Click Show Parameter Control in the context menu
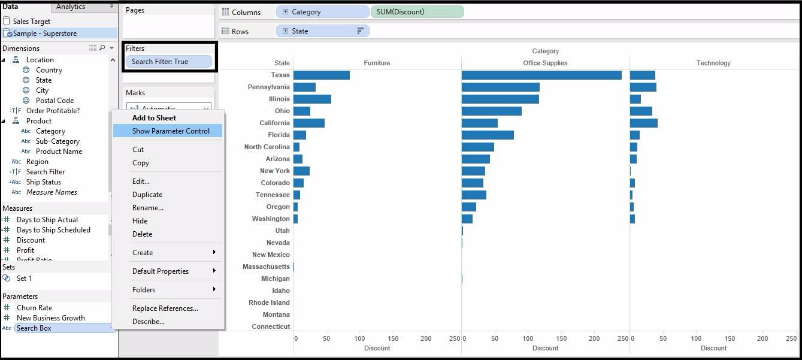(171, 131)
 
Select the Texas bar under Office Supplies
(541, 75)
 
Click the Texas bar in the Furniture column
(321, 75)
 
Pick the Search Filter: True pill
(168, 62)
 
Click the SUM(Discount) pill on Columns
(416, 12)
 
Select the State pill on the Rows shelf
(322, 31)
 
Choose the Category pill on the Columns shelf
(322, 12)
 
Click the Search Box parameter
(34, 328)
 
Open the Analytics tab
(71, 7)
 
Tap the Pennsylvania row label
(268, 87)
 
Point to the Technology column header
(713, 63)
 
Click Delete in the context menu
(142, 234)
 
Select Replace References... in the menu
(165, 308)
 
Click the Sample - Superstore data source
(45, 34)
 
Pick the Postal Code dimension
(55, 101)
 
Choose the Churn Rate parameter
(34, 308)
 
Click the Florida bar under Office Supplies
(488, 135)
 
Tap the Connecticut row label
(271, 327)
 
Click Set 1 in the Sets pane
(24, 279)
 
